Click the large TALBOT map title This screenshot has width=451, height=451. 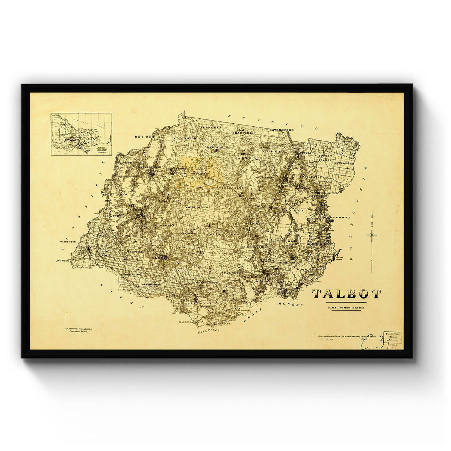[347, 294]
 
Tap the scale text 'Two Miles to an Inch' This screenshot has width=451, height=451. [347, 308]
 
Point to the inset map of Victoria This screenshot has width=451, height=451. [81, 134]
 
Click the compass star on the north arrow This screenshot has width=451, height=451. [372, 235]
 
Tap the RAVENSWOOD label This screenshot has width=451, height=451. [281, 130]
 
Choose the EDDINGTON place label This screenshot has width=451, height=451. [185, 138]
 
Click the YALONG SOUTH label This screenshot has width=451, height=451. [68, 242]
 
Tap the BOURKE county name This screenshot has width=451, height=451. [290, 304]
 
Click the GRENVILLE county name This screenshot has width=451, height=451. [208, 331]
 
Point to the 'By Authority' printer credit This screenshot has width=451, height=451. [79, 330]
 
